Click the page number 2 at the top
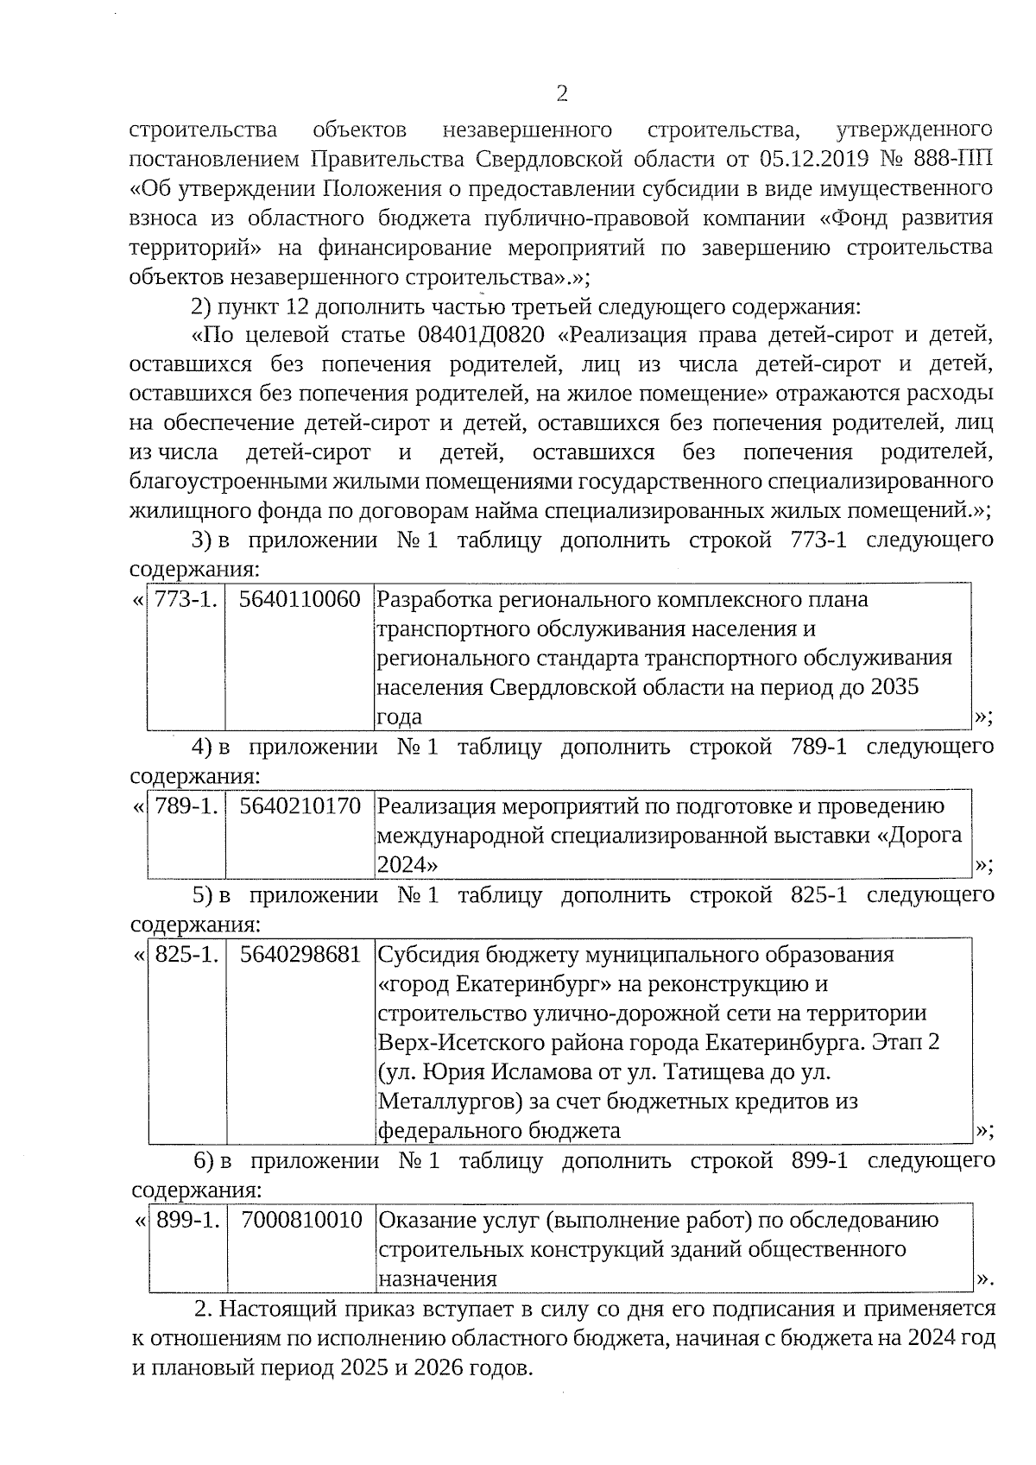[562, 93]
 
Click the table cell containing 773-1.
[186, 599]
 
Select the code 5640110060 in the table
[299, 599]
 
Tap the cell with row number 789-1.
[186, 806]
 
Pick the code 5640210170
[300, 806]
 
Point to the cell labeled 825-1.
[186, 955]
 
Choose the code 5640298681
[300, 955]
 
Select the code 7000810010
[301, 1220]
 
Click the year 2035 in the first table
[895, 687]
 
